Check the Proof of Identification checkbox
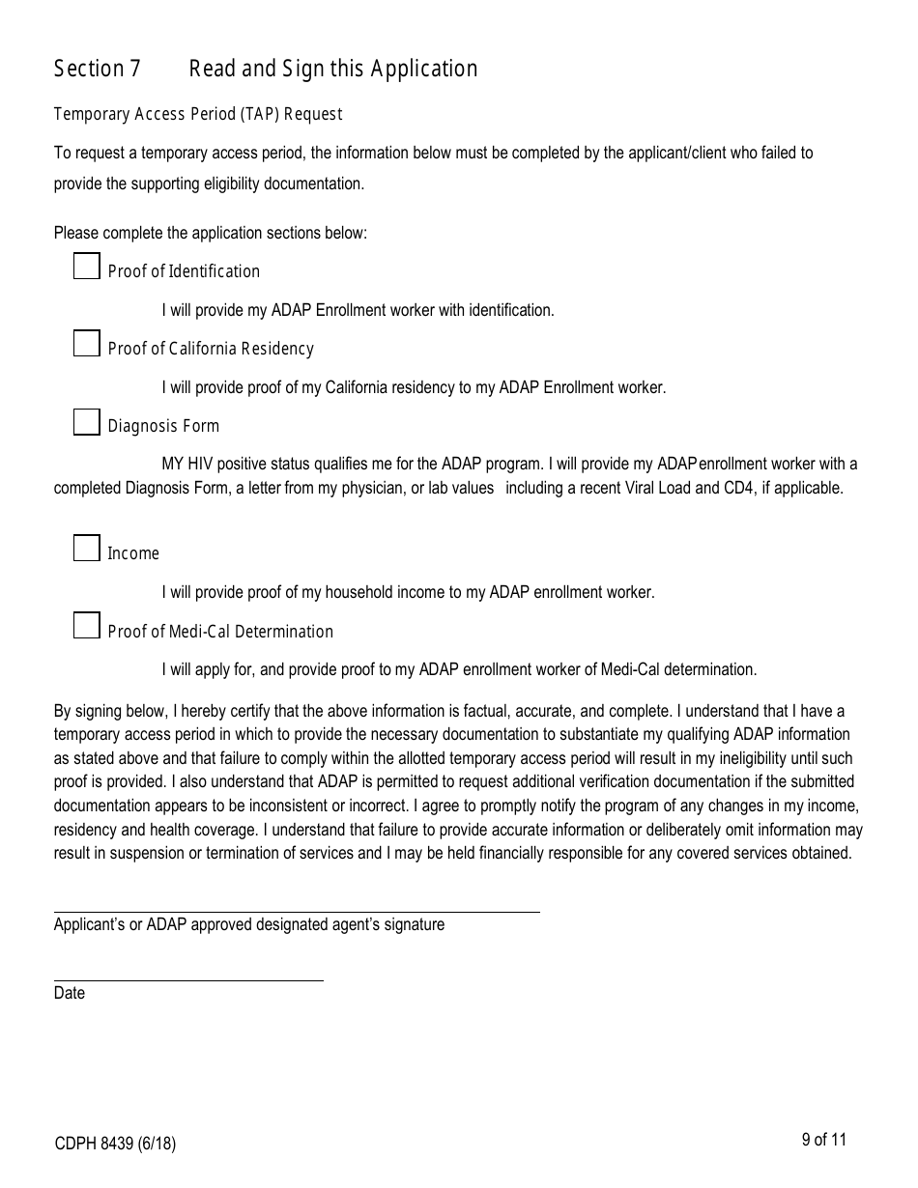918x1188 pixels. (87, 267)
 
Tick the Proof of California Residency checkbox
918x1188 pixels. (87, 344)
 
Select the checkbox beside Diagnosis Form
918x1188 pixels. (87, 422)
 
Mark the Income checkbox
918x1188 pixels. (87, 549)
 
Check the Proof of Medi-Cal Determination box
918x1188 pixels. (87, 626)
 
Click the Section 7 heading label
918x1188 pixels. (97, 69)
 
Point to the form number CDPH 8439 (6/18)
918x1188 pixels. (115, 1145)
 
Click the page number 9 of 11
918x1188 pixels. (823, 1140)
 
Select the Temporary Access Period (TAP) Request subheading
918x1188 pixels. (198, 114)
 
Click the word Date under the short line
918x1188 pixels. (70, 993)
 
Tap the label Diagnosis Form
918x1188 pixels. (163, 426)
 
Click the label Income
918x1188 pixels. (133, 553)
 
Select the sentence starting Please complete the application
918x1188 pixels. (211, 233)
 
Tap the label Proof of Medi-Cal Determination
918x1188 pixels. (220, 632)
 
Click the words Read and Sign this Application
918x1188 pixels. (332, 69)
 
